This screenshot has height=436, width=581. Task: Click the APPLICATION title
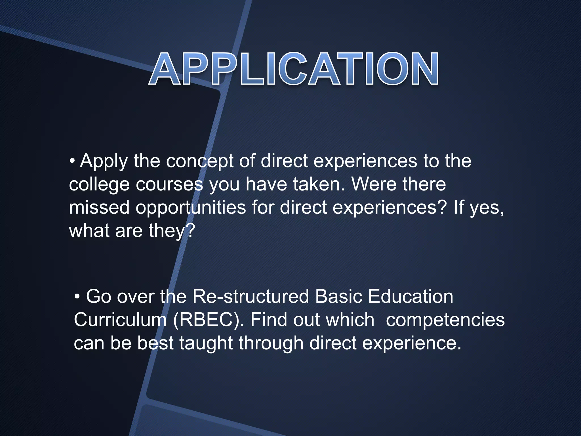click(x=294, y=69)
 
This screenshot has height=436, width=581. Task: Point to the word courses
click(x=170, y=185)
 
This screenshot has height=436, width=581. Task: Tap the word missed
click(x=99, y=207)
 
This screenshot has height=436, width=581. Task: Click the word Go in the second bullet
click(x=98, y=297)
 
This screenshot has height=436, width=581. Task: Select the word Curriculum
click(x=120, y=320)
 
